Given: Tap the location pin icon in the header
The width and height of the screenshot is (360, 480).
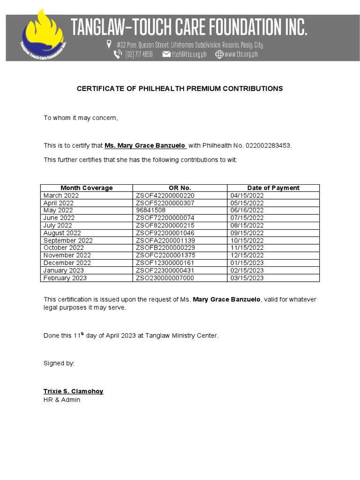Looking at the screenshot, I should coord(109,45).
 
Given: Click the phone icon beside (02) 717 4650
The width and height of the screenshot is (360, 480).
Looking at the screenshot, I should coord(118,54).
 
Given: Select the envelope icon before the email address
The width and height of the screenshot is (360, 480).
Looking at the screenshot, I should coord(166,54).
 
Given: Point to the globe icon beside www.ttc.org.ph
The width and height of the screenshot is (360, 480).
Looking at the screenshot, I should coord(219,54).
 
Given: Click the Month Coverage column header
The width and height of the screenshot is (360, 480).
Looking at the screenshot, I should coord(87,188).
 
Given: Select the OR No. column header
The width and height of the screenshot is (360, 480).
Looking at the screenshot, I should coord(180,188).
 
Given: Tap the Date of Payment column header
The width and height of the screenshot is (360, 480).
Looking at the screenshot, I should coord(273,188).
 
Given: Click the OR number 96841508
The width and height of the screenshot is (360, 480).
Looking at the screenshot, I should coord(150,210).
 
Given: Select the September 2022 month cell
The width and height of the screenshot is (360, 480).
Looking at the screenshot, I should coord(68,240).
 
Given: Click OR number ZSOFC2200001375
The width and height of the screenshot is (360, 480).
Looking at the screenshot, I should coord(165,255).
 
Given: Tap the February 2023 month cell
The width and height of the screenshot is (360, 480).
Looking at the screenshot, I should coord(65,278).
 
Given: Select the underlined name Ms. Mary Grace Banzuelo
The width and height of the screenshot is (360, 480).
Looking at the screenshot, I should coord(145,146).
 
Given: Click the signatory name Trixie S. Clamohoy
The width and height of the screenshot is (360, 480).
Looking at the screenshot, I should coord(73,391).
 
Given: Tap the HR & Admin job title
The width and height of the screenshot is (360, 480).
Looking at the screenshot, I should coord(62,400).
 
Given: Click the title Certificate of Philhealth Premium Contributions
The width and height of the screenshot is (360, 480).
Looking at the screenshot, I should coord(180,89).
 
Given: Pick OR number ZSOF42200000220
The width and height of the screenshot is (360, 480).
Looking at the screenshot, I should coord(165,195).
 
